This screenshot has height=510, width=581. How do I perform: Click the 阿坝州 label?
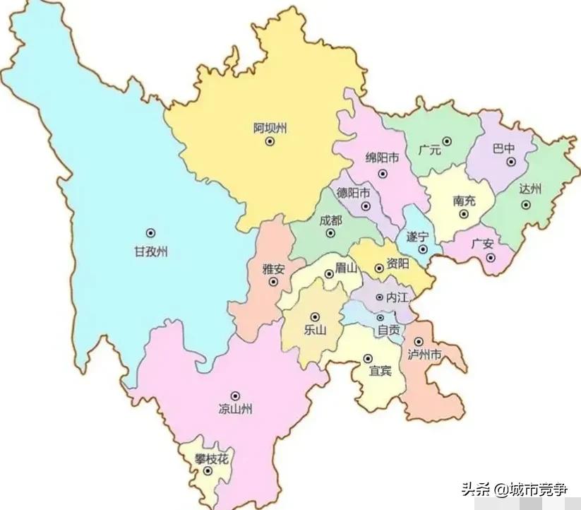pyautogui.click(x=270, y=128)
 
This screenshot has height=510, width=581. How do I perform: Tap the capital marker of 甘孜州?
pyautogui.click(x=150, y=232)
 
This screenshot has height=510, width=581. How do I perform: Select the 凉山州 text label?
pyautogui.click(x=235, y=408)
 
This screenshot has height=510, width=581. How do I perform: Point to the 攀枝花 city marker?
pyautogui.click(x=208, y=470)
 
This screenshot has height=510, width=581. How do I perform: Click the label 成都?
pyautogui.click(x=330, y=220)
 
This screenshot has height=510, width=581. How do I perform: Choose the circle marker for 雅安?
pyautogui.click(x=274, y=282)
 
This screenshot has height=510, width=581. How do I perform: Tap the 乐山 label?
pyautogui.click(x=315, y=330)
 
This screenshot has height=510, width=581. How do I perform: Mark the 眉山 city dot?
pyautogui.click(x=328, y=274)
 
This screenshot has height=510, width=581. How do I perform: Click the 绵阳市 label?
pyautogui.click(x=382, y=158)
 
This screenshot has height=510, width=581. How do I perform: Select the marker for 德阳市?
pyautogui.click(x=366, y=206)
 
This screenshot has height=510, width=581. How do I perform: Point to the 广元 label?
pyautogui.click(x=429, y=150)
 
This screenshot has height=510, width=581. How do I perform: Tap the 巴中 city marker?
pyautogui.click(x=510, y=162)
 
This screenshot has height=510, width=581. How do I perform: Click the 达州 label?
pyautogui.click(x=529, y=189)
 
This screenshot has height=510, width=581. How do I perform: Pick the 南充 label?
pyautogui.click(x=464, y=201)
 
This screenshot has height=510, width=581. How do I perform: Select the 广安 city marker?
pyautogui.click(x=491, y=258)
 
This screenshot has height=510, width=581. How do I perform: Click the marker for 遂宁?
pyautogui.click(x=423, y=249)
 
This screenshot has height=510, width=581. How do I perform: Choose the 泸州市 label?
pyautogui.click(x=424, y=355)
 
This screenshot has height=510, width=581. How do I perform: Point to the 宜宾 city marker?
pyautogui.click(x=368, y=357)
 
